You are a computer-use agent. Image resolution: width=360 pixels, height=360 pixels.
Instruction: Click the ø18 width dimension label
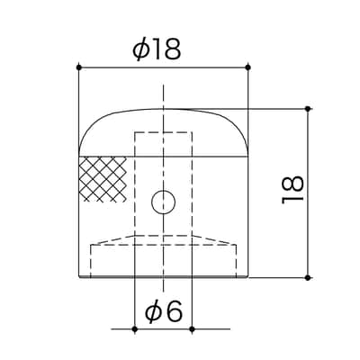tap(157, 49)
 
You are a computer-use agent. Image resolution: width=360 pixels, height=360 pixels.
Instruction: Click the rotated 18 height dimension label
tap(292, 189)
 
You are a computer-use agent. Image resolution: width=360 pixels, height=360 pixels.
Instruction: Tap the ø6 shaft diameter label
tap(164, 311)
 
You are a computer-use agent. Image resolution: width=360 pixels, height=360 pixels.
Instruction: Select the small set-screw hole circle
tap(164, 202)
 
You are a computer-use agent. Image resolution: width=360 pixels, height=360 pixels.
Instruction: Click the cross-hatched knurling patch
tap(103, 179)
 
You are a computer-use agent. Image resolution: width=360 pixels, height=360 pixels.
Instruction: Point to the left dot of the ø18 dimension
tap(79, 67)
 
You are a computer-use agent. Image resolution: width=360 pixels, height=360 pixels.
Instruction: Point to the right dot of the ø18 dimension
tap(247, 67)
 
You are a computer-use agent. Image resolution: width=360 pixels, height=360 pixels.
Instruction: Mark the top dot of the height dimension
tap(308, 109)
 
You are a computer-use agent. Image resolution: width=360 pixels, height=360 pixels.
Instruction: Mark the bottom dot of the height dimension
tap(308, 278)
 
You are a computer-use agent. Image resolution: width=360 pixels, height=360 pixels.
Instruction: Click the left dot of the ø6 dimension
tap(135, 329)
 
